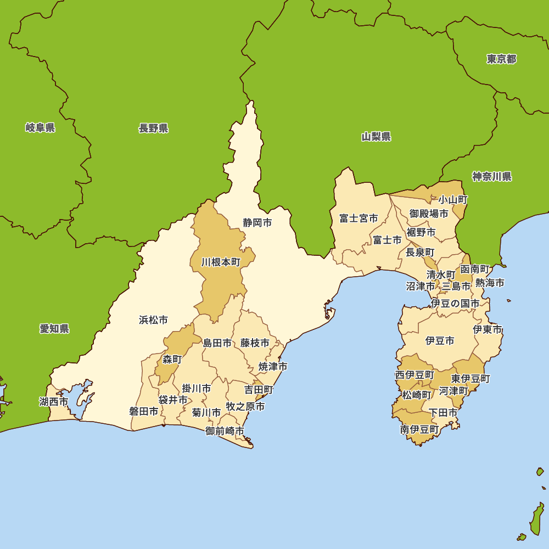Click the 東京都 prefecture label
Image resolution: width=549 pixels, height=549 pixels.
[501, 59]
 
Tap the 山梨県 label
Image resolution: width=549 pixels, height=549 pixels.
[376, 137]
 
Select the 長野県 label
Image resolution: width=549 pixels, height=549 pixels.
[153, 128]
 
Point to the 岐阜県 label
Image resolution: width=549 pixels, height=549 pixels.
[40, 128]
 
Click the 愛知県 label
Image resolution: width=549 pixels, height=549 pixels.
[54, 329]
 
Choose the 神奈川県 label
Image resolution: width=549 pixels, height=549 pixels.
[492, 177]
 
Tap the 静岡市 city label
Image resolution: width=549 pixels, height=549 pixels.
[257, 223]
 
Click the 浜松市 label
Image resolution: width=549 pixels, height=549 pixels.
[153, 320]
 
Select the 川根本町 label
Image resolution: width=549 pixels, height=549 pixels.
[221, 262]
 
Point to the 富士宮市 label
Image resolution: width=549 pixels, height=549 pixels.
[358, 219]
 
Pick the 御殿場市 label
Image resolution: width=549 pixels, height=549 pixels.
[429, 214]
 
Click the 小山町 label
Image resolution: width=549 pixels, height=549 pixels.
[452, 199]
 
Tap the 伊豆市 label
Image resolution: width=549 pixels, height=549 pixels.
[440, 341]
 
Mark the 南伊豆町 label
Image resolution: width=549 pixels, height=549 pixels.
[419, 430]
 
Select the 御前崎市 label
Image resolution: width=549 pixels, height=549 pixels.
[225, 431]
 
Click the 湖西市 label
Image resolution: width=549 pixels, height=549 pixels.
[54, 402]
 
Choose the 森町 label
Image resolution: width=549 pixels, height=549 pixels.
[172, 360]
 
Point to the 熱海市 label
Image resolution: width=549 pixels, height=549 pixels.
[490, 283]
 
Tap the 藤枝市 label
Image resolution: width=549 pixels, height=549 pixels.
[255, 343]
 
